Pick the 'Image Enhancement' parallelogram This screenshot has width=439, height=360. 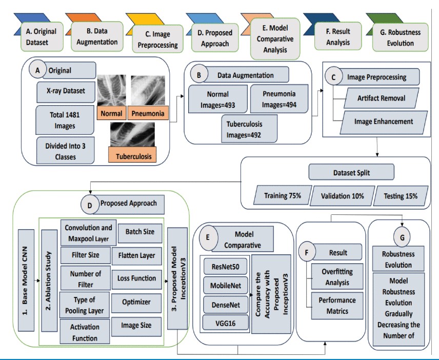coord(381,123)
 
